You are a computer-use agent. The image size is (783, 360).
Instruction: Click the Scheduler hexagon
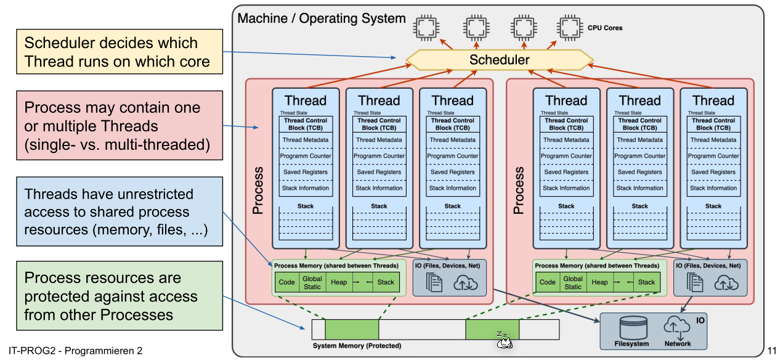tap(499, 60)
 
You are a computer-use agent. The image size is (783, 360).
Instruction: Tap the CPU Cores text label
tap(605, 28)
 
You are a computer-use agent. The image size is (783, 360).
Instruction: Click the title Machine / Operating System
tap(322, 18)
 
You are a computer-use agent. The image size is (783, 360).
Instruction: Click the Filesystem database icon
tap(632, 327)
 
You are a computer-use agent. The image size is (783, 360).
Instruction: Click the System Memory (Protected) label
tap(357, 346)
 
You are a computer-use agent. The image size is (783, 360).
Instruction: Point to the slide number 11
tap(772, 351)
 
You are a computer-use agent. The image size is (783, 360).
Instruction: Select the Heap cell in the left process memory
tap(338, 282)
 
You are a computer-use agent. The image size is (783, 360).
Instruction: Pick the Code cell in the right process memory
tap(548, 282)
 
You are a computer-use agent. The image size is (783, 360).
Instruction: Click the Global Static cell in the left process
tap(312, 283)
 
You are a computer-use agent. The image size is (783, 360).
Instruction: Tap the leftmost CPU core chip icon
tap(424, 27)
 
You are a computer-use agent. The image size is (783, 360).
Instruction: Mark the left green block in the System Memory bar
tap(352, 329)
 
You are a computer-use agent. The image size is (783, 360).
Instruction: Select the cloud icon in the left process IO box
tap(465, 282)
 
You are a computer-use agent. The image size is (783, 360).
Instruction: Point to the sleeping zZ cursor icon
tap(503, 339)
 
